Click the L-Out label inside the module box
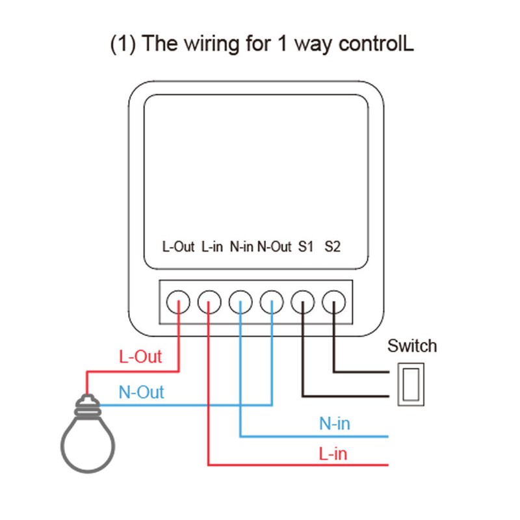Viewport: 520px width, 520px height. [x=178, y=247]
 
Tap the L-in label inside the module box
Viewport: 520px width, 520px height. [x=213, y=247]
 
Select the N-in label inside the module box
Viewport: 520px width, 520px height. [x=241, y=247]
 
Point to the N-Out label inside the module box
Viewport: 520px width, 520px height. [x=274, y=247]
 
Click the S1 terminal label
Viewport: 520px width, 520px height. [x=305, y=247]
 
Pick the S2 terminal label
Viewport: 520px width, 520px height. [x=333, y=247]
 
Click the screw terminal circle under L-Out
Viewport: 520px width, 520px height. [x=178, y=302]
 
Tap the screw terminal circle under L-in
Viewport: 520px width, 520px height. [x=209, y=302]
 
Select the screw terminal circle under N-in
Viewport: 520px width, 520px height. [x=240, y=302]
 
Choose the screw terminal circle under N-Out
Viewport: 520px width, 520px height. [x=272, y=302]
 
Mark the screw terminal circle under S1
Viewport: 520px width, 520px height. [x=303, y=302]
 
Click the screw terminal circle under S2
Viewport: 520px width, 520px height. [x=334, y=302]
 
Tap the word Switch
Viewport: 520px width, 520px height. [x=412, y=346]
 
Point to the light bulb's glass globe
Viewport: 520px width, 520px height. [x=88, y=442]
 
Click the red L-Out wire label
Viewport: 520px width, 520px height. [x=140, y=357]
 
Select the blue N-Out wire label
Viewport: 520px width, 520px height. [x=141, y=393]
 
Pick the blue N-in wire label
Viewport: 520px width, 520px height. [x=334, y=424]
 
